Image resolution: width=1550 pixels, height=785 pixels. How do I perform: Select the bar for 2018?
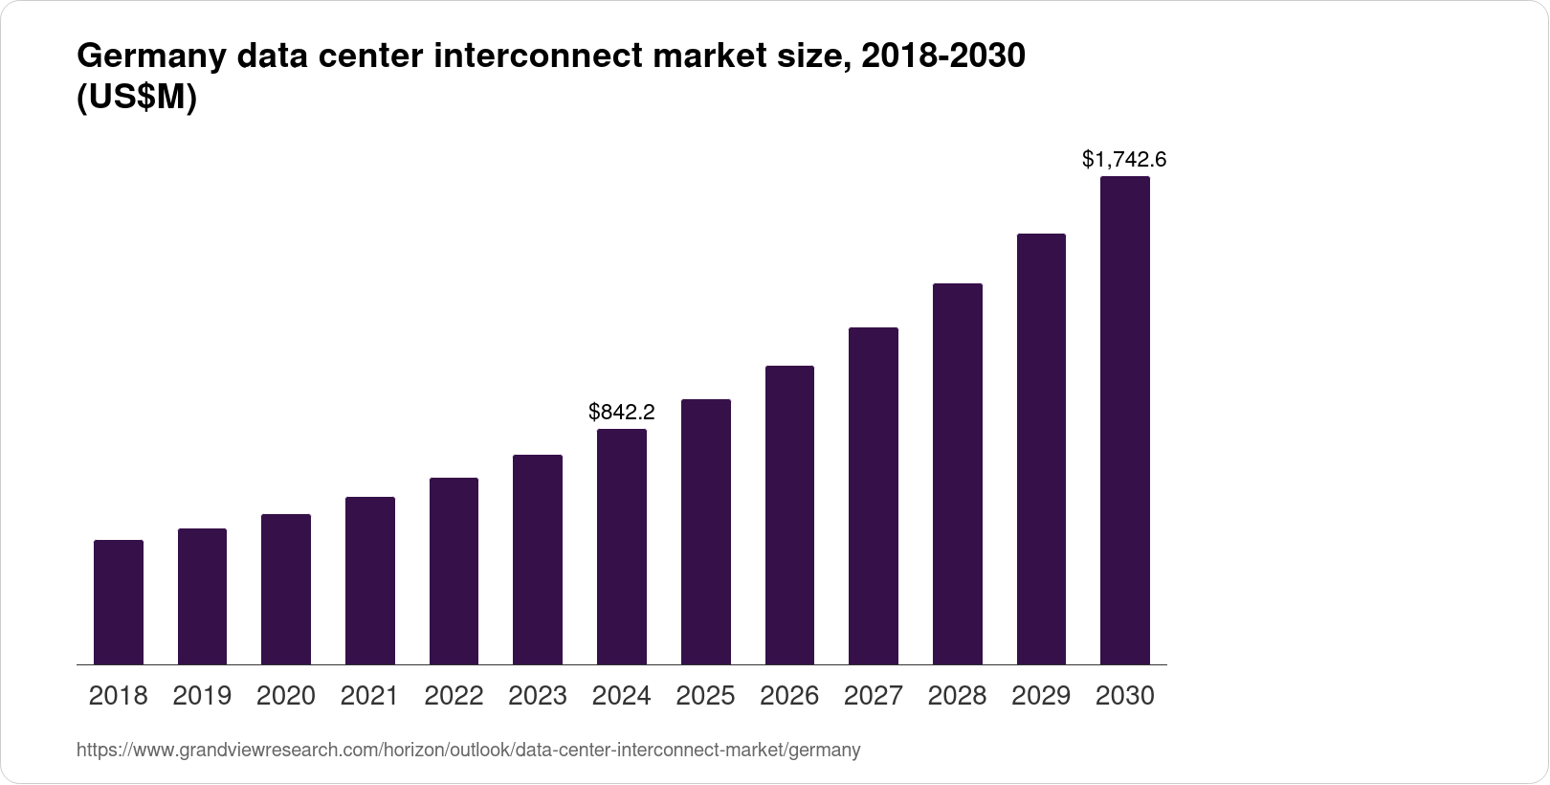pyautogui.click(x=119, y=602)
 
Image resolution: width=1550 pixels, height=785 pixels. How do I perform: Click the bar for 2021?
pyautogui.click(x=370, y=580)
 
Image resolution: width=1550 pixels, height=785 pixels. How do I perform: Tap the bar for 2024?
pyautogui.click(x=622, y=547)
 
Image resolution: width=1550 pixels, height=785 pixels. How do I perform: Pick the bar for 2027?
pyautogui.click(x=873, y=496)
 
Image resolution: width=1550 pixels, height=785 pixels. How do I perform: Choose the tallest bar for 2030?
pyautogui.click(x=1124, y=420)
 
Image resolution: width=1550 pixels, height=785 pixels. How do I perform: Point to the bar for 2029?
pyautogui.click(x=1041, y=449)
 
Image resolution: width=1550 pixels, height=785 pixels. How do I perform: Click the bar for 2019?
pyautogui.click(x=202, y=596)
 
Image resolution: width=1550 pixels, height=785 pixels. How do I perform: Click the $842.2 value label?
pyautogui.click(x=622, y=412)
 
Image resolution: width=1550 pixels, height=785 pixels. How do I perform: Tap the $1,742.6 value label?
pyautogui.click(x=1124, y=159)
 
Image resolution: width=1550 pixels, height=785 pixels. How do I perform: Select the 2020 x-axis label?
pyautogui.click(x=286, y=695)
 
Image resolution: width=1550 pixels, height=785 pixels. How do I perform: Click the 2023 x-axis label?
pyautogui.click(x=538, y=695)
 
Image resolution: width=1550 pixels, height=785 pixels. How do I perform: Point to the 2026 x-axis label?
pyautogui.click(x=789, y=695)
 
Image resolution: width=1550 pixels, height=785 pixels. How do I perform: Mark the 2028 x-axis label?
pyautogui.click(x=957, y=695)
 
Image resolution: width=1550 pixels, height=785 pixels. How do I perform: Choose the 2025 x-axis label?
pyautogui.click(x=705, y=695)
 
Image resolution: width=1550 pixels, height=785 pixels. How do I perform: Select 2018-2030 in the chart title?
pyautogui.click(x=942, y=57)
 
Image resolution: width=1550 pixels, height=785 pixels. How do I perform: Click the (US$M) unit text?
pyautogui.click(x=137, y=98)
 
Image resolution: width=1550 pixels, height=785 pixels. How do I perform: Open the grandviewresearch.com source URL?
pyautogui.click(x=468, y=750)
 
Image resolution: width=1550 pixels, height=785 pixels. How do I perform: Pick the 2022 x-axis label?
pyautogui.click(x=454, y=695)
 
